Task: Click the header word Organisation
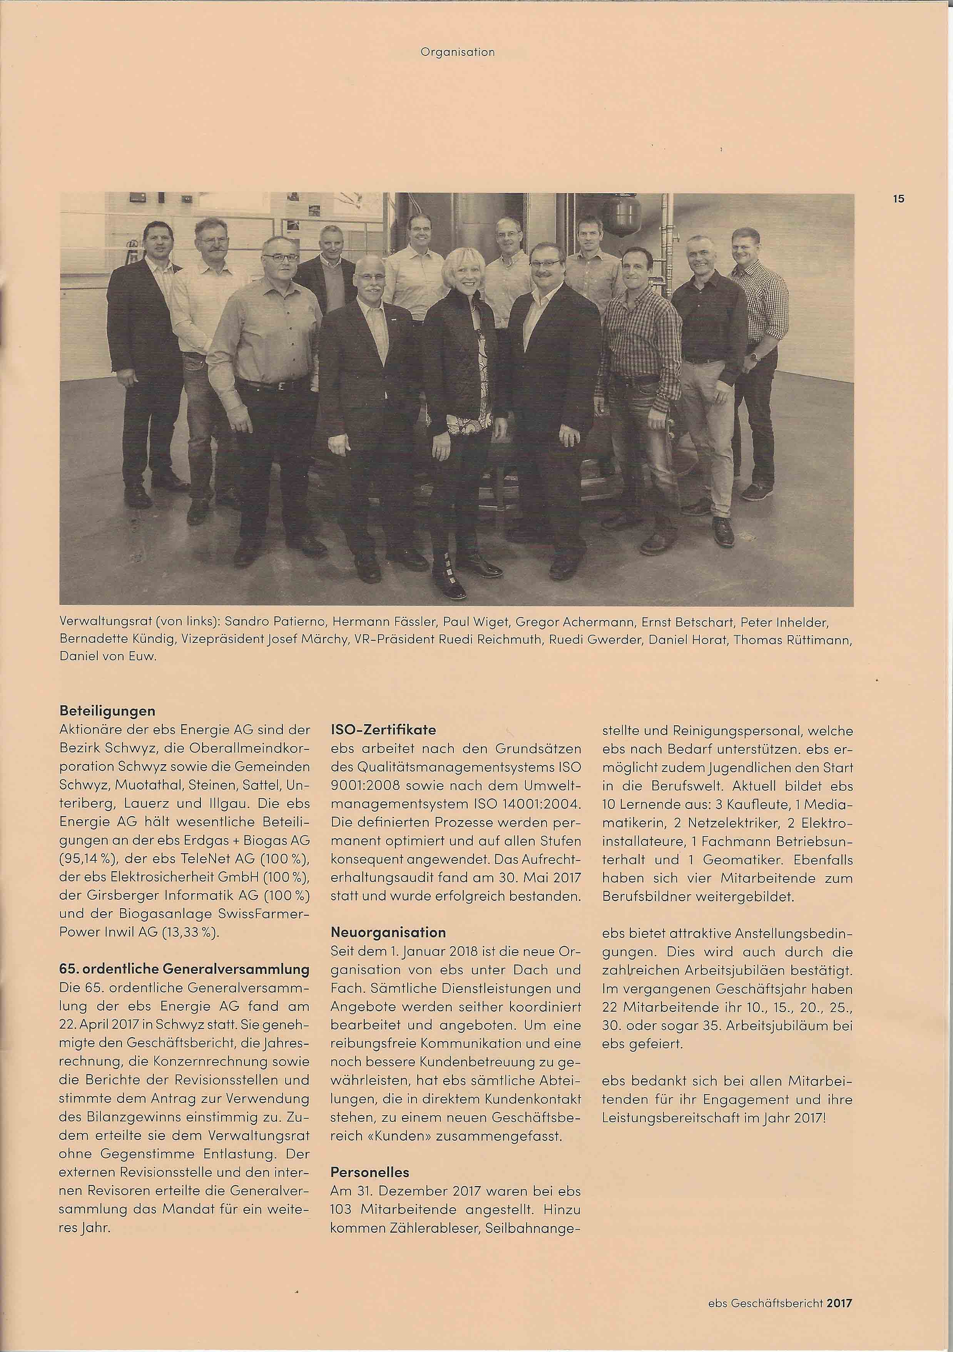click(x=457, y=52)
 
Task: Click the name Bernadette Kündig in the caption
click(x=105, y=639)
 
